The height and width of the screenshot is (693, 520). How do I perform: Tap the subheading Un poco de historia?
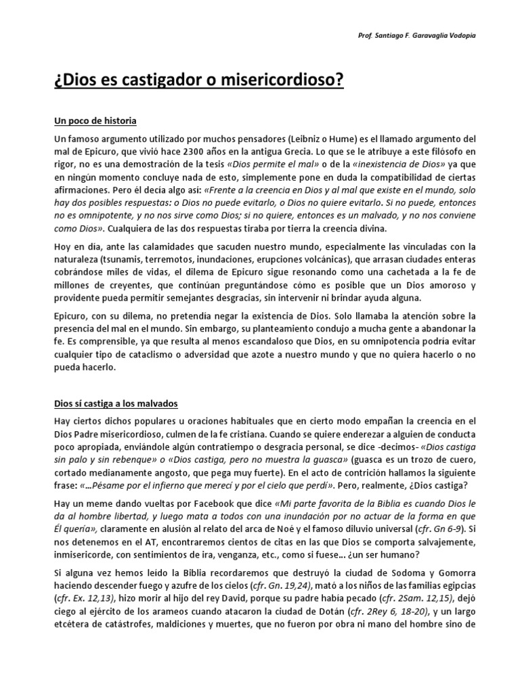95,121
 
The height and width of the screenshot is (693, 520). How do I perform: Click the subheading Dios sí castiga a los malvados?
116,403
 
